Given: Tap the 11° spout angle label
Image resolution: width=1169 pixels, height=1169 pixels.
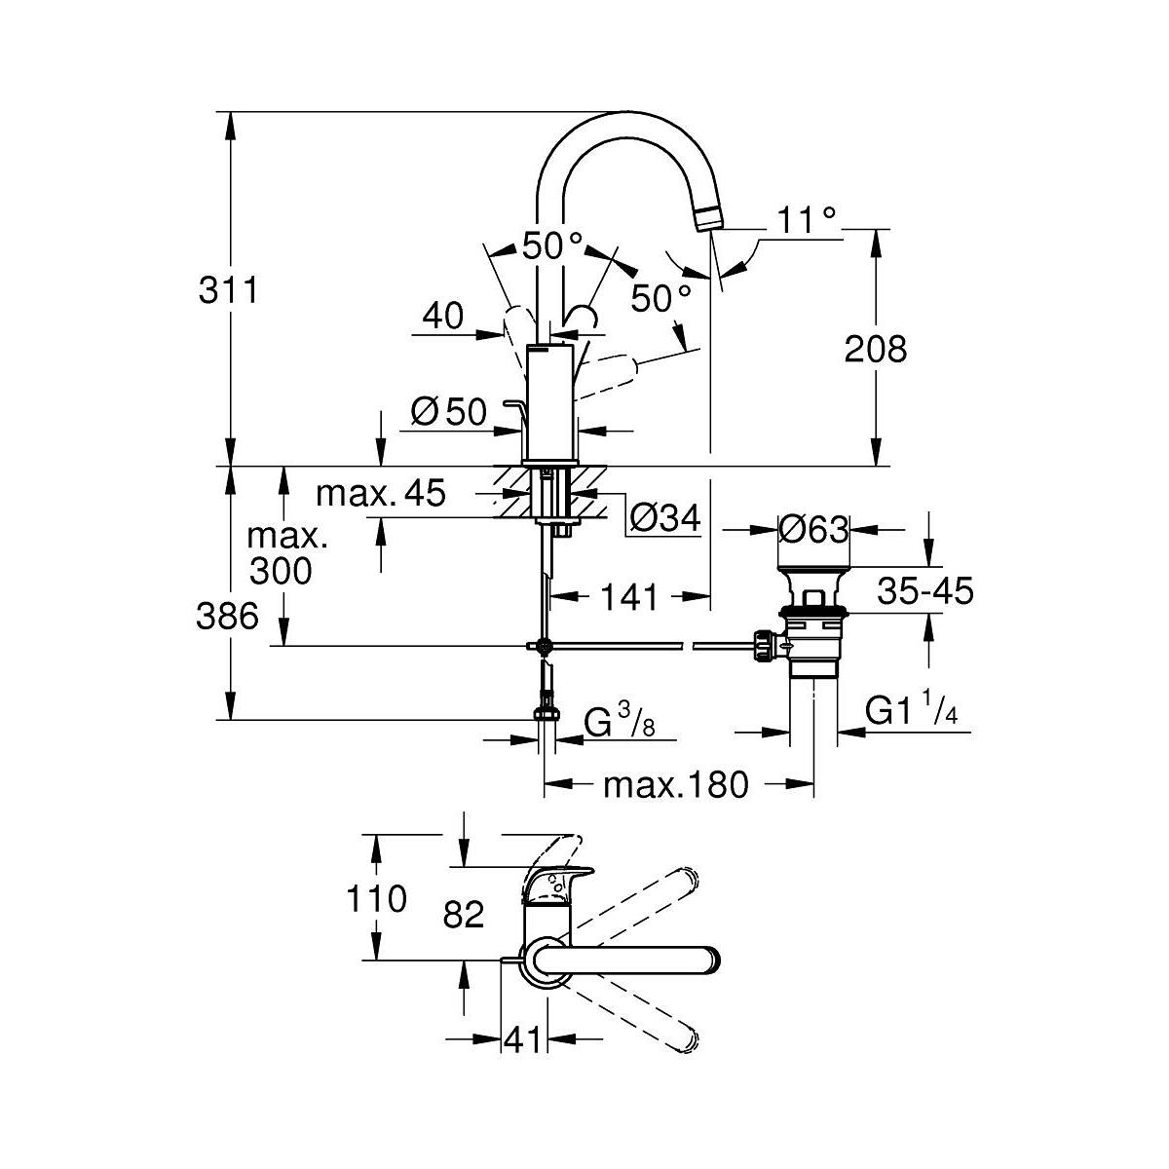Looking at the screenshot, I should pos(808,221).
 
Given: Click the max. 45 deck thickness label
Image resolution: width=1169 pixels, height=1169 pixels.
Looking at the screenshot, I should pos(380,494).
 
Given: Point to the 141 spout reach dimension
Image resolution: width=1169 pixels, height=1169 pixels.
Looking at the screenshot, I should pos(630,596).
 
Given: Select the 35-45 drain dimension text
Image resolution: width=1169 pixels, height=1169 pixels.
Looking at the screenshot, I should pos(925,589).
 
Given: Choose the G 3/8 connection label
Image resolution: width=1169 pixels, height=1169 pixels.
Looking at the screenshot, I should pos(617,724).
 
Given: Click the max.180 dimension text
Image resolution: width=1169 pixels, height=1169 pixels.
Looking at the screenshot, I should pos(676,783).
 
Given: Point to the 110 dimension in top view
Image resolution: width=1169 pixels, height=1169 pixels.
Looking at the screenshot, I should pos(376,898).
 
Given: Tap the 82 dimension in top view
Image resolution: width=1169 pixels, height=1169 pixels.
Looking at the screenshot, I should pos(463,914).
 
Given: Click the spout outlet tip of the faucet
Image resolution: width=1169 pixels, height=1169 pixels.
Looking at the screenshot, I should pos(710,219).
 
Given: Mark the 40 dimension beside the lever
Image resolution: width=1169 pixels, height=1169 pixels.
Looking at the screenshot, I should pos(442,316).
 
